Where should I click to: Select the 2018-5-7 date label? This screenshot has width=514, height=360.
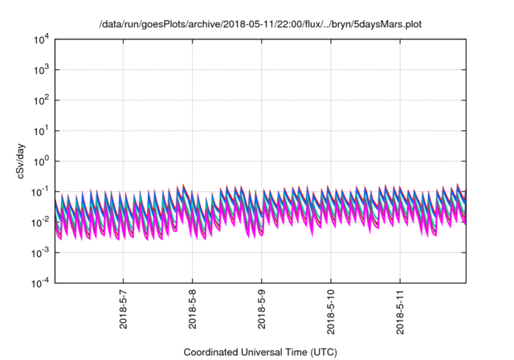click(123, 312)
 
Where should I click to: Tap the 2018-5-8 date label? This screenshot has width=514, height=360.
click(192, 312)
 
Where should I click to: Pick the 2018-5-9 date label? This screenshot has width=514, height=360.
click(262, 312)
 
